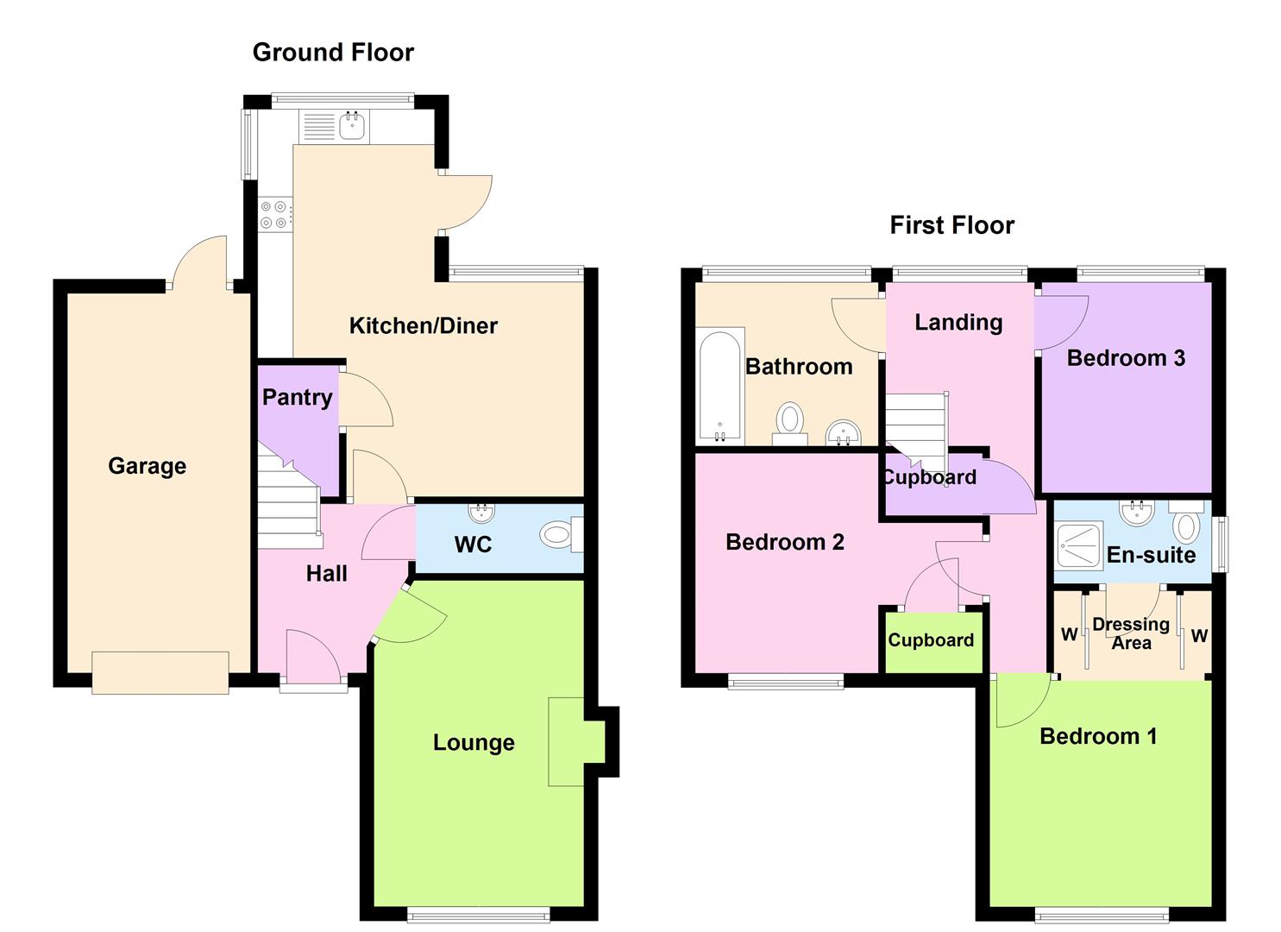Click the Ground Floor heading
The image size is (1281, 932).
[333, 53]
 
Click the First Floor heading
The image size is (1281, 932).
[951, 225]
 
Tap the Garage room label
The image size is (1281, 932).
[147, 466]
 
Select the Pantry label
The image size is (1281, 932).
[297, 397]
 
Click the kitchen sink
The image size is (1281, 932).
[352, 126]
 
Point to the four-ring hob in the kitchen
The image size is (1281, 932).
[273, 214]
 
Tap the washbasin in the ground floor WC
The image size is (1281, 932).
[483, 512]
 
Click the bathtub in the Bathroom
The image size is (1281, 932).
[720, 384]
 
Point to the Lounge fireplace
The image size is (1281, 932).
[567, 741]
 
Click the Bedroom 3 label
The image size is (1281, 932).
[1126, 358]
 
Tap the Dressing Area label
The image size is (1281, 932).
[1130, 633]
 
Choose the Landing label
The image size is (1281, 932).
[958, 323]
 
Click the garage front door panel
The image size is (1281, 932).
[160, 672]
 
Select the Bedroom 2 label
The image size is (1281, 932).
[784, 542]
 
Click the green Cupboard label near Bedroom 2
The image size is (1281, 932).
[931, 640]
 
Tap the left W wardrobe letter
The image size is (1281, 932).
[1069, 635]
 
